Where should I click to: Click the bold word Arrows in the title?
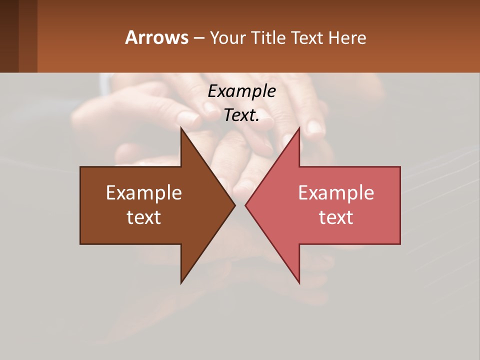[156, 37]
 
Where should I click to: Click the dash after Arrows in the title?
[198, 38]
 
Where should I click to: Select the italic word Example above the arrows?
[241, 91]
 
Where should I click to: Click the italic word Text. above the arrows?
[241, 115]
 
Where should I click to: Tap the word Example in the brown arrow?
[144, 193]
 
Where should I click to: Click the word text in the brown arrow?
[144, 217]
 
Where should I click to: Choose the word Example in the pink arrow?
[336, 193]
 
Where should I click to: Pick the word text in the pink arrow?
[336, 217]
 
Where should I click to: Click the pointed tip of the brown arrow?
[235, 205]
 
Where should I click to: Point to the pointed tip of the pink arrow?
[245, 205]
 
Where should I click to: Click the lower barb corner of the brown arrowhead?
[181, 283]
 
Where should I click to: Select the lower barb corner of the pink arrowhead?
[299, 283]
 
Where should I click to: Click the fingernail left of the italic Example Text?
[189, 118]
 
